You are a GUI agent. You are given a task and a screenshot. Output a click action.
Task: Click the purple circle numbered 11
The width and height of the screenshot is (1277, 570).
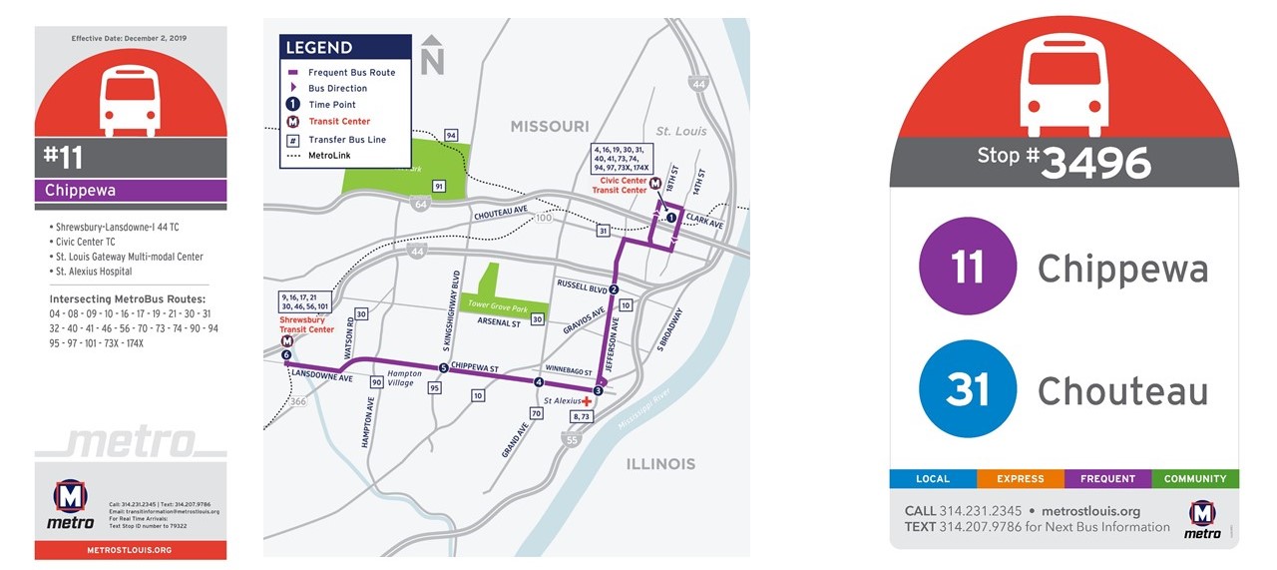click(967, 267)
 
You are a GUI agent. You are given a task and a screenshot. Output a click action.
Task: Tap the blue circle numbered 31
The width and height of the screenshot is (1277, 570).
click(967, 389)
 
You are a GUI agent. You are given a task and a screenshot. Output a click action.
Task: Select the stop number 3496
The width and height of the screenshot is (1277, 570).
click(1095, 163)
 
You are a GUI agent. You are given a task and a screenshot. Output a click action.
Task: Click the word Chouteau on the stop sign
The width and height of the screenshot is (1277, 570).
click(1122, 391)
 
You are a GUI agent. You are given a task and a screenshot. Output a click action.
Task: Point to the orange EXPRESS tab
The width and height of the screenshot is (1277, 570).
click(1020, 479)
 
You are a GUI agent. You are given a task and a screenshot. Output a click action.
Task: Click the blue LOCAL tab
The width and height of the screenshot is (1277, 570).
click(933, 479)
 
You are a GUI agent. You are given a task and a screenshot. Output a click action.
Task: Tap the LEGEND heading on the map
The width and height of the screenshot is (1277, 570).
click(319, 48)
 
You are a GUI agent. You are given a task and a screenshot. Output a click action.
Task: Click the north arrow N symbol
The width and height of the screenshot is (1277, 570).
click(431, 58)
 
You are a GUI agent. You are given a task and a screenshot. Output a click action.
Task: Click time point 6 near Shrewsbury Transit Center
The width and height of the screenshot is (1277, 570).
click(286, 355)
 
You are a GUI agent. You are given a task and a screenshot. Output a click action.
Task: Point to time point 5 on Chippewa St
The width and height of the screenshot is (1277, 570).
click(443, 368)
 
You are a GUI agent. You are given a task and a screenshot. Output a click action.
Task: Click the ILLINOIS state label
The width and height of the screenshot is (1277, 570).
click(660, 464)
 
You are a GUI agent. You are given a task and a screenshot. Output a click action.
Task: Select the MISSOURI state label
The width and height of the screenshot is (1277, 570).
click(550, 127)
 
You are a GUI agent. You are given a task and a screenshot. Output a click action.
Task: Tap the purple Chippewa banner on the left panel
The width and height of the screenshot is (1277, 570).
click(131, 190)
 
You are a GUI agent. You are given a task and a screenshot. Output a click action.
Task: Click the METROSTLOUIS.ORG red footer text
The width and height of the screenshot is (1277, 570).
click(130, 550)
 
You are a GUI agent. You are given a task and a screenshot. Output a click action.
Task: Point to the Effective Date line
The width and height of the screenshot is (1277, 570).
click(130, 38)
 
